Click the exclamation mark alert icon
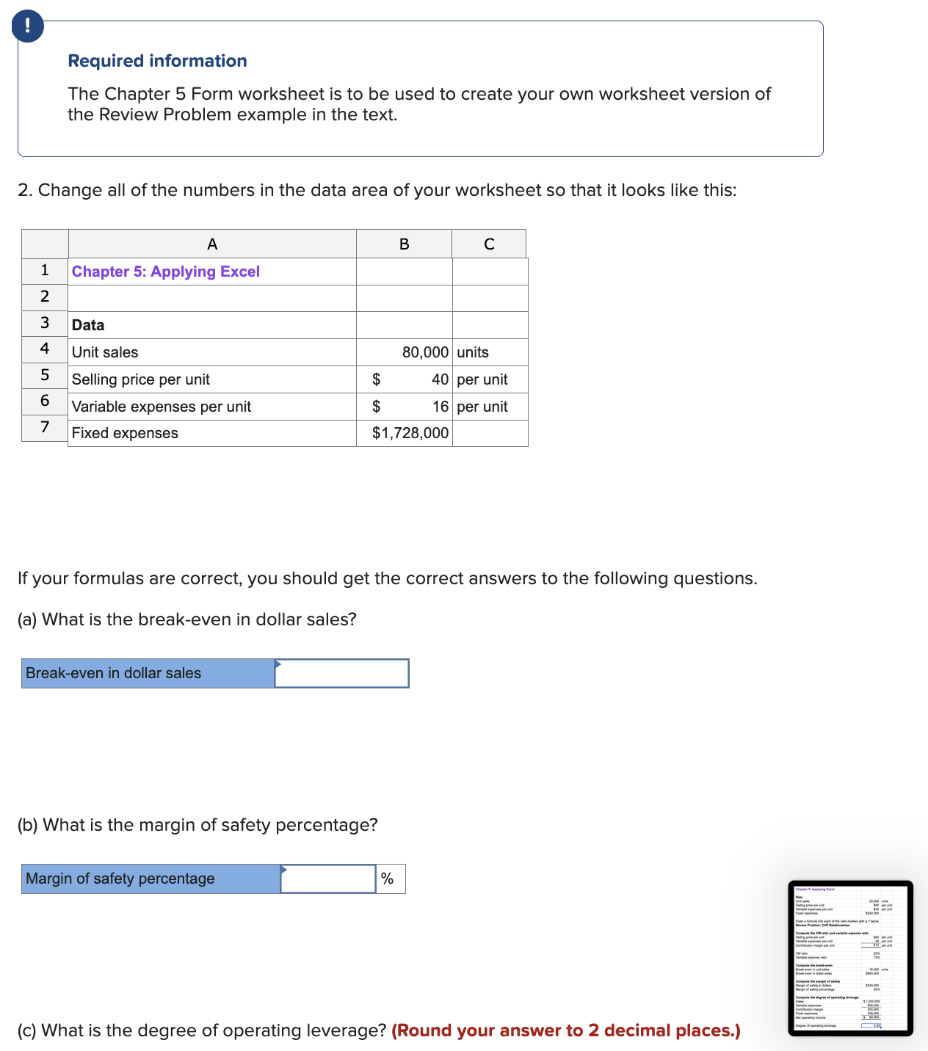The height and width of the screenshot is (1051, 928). [28, 26]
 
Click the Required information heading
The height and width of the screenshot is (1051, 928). [157, 61]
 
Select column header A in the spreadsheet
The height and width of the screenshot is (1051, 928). [212, 244]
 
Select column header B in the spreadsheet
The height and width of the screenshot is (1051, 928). [404, 244]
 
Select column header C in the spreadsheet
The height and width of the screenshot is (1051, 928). [489, 244]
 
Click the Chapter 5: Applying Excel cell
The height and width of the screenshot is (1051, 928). [166, 272]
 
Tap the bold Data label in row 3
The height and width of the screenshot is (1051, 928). [88, 325]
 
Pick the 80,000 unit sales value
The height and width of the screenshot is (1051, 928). [424, 352]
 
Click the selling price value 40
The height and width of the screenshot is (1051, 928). [440, 379]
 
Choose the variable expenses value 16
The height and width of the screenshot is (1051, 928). [440, 407]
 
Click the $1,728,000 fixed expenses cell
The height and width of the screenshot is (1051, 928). [410, 433]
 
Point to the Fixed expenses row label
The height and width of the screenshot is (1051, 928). [125, 433]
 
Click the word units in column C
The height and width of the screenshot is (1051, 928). [473, 352]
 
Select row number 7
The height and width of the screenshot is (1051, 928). [45, 426]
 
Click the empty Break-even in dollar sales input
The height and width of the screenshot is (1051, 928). [341, 673]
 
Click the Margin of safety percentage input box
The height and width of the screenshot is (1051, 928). [328, 879]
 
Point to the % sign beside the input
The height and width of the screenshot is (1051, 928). [387, 879]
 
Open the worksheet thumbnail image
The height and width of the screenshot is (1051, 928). [850, 958]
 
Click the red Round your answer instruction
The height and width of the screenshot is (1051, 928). [565, 1030]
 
